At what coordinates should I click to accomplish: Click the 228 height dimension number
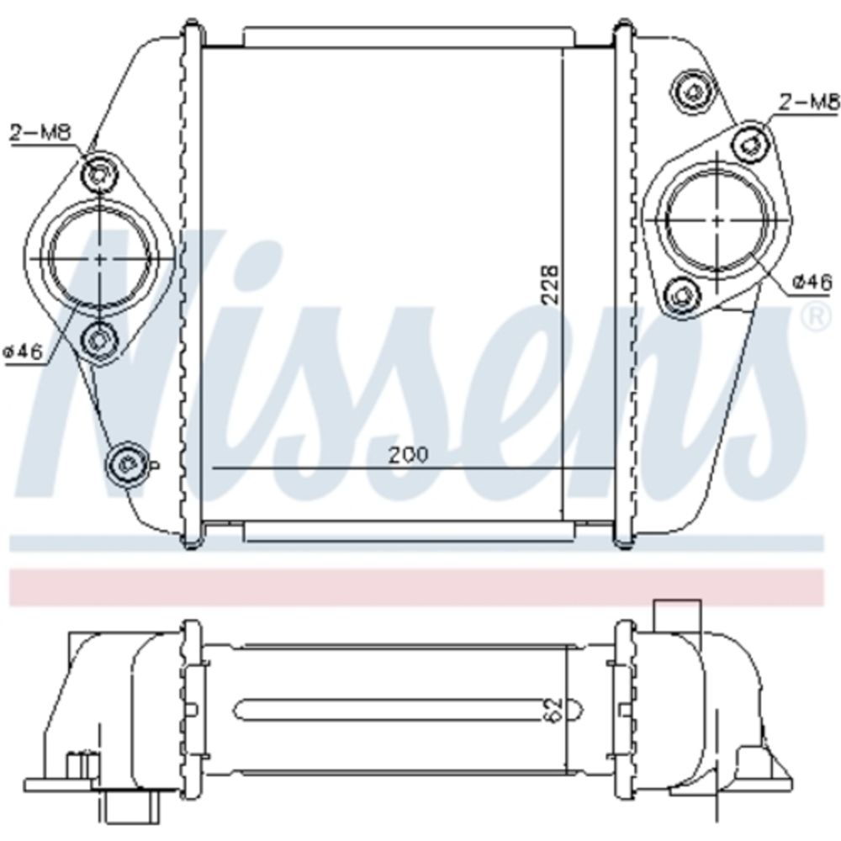coord(550,284)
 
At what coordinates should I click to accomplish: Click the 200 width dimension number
coord(409,455)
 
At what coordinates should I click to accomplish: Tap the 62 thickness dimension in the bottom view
coord(554,710)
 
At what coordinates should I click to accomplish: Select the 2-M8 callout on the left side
coord(40,133)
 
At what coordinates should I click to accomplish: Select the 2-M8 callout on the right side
coord(809,102)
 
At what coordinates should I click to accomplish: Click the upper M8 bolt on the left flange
coord(99,173)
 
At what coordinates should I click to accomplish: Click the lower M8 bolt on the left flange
coord(99,339)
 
